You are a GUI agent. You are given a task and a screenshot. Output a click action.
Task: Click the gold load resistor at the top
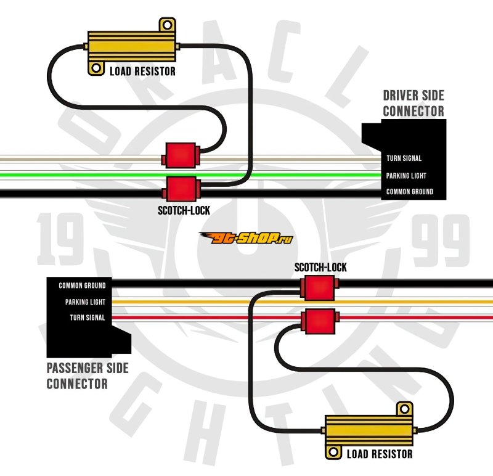[131, 45]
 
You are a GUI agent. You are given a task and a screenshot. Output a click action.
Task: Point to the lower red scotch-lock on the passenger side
[319, 319]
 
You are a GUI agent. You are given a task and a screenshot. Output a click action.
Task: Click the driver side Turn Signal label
[404, 158]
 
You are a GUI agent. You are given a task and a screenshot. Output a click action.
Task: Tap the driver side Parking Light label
[406, 176]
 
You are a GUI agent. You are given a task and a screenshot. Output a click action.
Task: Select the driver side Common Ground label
[409, 192]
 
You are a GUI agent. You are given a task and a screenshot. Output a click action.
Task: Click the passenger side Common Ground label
[82, 286]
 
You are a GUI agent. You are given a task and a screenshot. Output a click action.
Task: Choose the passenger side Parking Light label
[85, 302]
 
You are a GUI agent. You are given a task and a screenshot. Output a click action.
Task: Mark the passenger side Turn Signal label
[87, 318]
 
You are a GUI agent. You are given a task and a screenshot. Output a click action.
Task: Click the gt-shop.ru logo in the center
[246, 238]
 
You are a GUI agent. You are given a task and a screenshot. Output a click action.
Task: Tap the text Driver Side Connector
[413, 104]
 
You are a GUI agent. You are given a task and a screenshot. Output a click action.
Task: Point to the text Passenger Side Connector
[88, 376]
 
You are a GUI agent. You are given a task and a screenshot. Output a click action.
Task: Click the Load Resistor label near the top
[142, 72]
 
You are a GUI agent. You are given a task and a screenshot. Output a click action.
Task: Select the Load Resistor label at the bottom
[380, 455]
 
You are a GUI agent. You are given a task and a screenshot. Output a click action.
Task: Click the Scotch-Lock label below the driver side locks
[184, 211]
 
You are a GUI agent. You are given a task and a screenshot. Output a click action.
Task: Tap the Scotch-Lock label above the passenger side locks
[320, 268]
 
